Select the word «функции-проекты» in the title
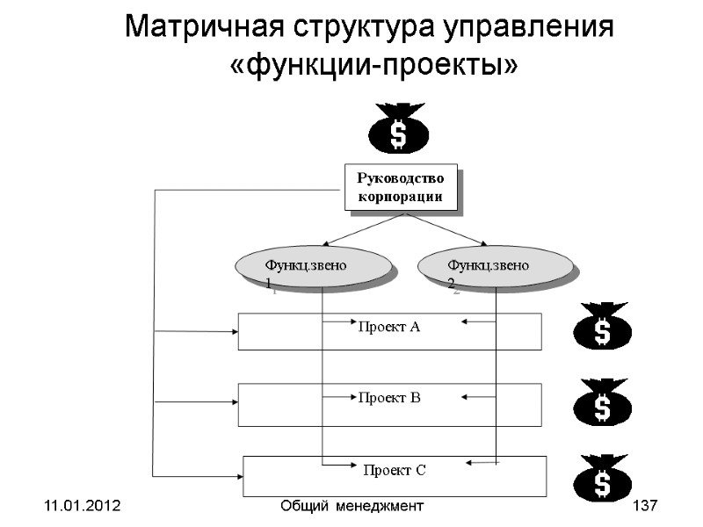[373, 65]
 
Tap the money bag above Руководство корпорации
[398, 129]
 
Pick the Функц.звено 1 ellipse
[312, 267]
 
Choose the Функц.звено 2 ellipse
[494, 267]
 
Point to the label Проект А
[388, 327]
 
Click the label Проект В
[388, 398]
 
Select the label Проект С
[395, 471]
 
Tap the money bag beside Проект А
[602, 328]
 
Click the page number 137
[645, 507]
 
